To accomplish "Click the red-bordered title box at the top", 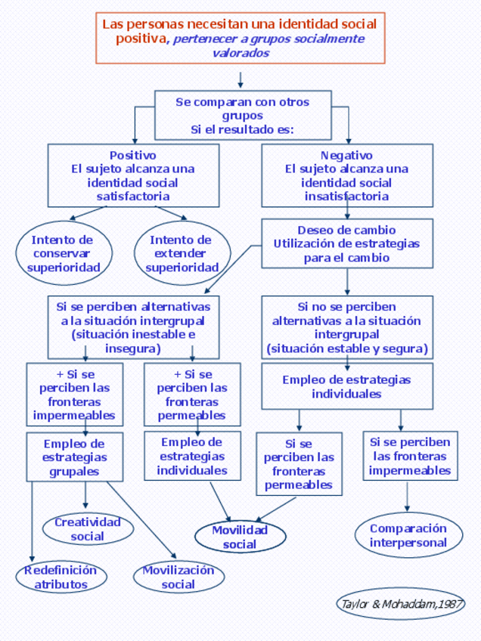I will (240, 38).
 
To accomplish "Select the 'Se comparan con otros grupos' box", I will (243, 115).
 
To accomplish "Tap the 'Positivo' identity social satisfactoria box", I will (133, 175).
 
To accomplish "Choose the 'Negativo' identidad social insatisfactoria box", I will (347, 175).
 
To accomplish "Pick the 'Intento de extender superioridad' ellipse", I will (182, 253).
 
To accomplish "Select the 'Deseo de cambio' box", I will (347, 243).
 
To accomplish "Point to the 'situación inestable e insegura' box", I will (133, 327).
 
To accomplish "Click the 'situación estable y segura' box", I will (347, 327).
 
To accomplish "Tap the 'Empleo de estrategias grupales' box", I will (74, 457).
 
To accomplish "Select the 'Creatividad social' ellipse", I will (88, 529).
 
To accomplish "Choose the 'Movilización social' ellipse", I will (178, 577).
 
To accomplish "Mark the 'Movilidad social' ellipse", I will (240, 537).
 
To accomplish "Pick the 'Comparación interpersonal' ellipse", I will (408, 535).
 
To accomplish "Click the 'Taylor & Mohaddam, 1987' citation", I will (400, 604).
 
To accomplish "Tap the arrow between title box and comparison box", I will (240, 79).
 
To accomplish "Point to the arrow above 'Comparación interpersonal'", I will (408, 497).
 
